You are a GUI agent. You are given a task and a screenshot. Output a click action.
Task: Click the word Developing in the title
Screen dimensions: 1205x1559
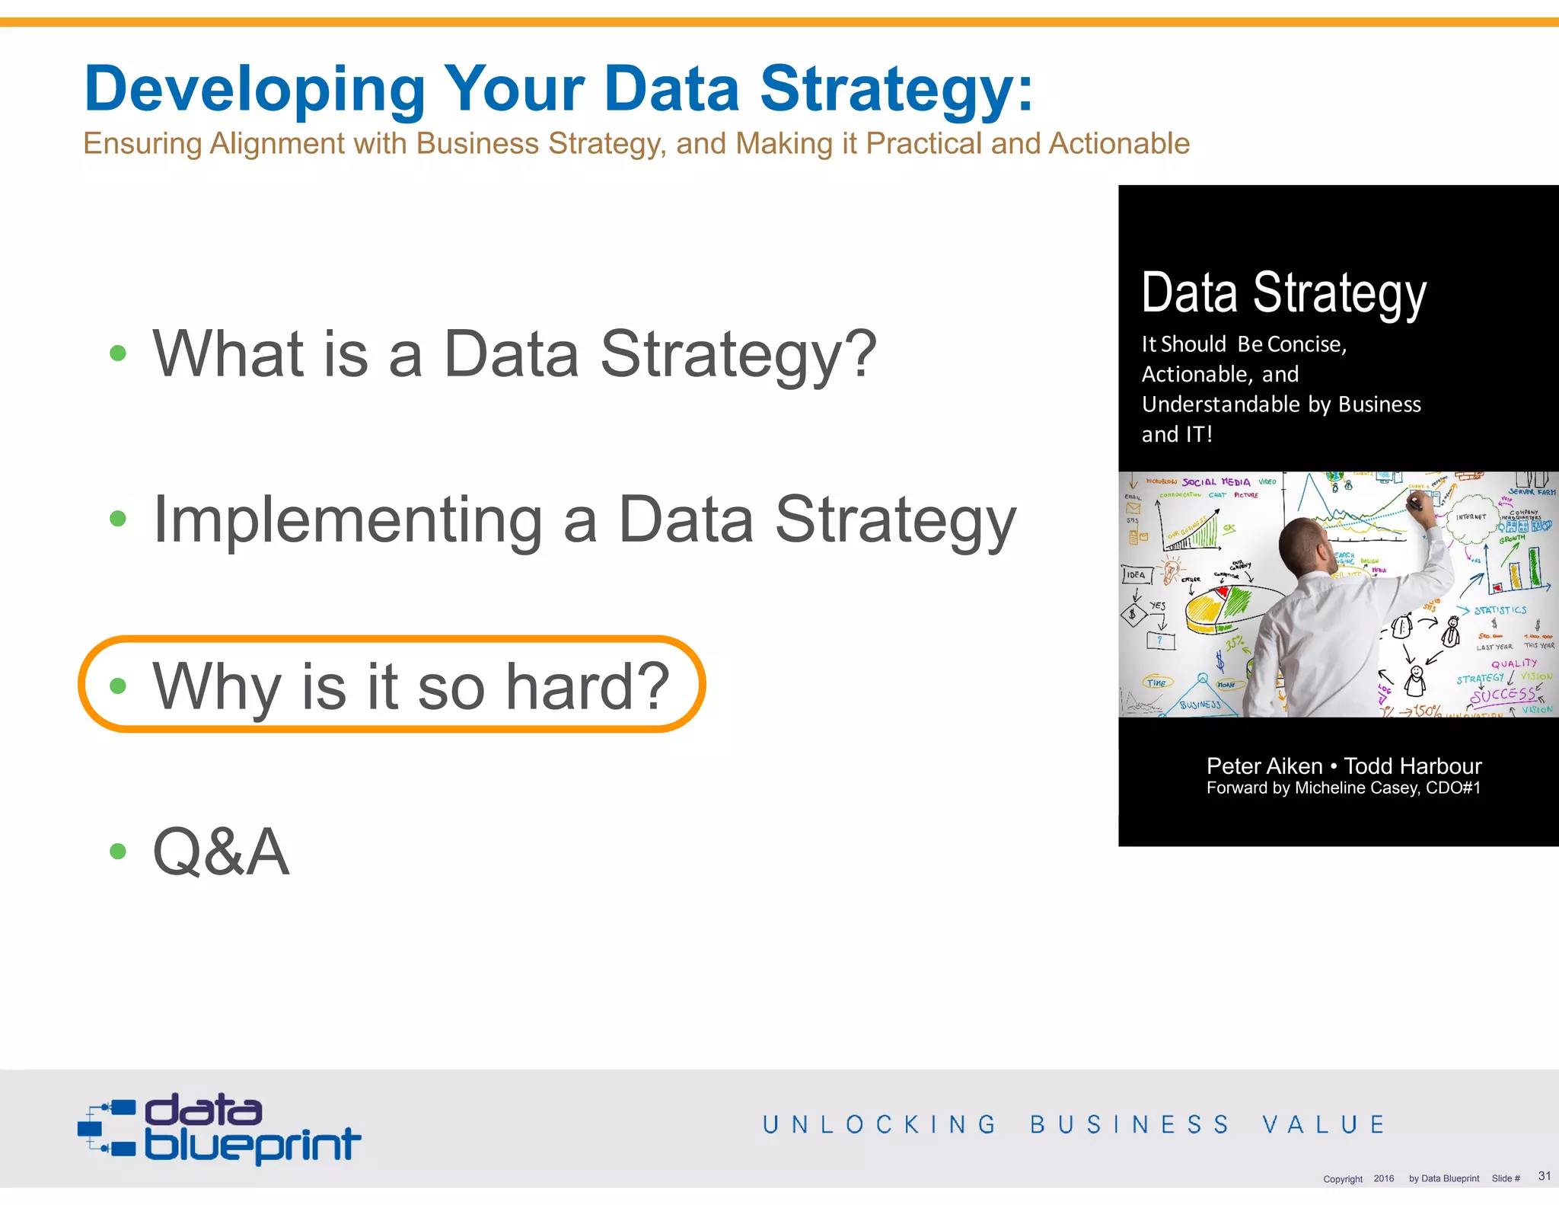tap(254, 90)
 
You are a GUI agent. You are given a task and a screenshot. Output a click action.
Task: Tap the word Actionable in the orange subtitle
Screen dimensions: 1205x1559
tap(1118, 143)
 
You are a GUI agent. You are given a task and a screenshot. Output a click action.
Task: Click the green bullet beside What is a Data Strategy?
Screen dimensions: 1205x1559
tap(117, 353)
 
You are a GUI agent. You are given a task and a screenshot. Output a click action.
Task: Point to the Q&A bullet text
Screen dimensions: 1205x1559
tap(221, 852)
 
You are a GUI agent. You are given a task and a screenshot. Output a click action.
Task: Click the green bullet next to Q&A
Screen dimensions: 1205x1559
tap(117, 851)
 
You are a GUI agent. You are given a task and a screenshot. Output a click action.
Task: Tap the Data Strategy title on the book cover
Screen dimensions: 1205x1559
tap(1283, 293)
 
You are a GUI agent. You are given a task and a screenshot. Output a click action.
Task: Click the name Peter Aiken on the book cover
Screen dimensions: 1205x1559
tap(1264, 766)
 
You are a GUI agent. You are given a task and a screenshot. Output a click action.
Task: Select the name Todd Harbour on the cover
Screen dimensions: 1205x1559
tap(1412, 766)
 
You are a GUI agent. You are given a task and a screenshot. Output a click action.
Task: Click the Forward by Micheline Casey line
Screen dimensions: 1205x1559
tap(1343, 788)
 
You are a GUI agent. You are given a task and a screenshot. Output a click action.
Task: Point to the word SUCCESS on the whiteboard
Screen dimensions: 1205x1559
tap(1503, 695)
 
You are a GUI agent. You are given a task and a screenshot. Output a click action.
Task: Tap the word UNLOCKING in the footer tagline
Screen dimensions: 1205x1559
tap(879, 1124)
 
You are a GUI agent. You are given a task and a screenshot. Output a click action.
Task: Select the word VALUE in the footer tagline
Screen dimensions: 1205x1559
tap(1324, 1124)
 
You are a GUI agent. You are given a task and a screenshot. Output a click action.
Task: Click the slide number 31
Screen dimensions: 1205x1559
tap(1544, 1176)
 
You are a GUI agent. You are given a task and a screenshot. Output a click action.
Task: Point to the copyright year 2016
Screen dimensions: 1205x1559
tap(1383, 1178)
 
